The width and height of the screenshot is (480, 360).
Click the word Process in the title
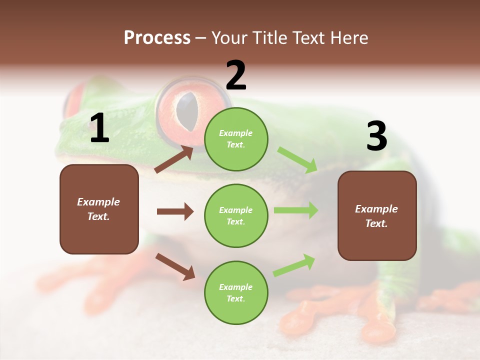[x=157, y=38]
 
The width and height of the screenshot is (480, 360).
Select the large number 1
[x=99, y=128]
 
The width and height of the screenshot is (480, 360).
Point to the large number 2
[x=236, y=75]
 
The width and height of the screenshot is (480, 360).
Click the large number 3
[x=376, y=136]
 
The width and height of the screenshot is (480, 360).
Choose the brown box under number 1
[x=99, y=209]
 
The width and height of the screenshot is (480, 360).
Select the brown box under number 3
[x=377, y=215]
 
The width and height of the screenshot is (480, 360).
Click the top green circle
[x=236, y=139]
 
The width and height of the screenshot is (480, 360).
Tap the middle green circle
[x=236, y=215]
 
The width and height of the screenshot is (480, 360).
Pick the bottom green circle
[x=236, y=292]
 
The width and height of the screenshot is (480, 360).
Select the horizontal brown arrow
[x=175, y=211]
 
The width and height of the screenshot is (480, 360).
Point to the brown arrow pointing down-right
[x=175, y=266]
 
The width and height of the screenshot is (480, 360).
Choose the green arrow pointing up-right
[x=294, y=265]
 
